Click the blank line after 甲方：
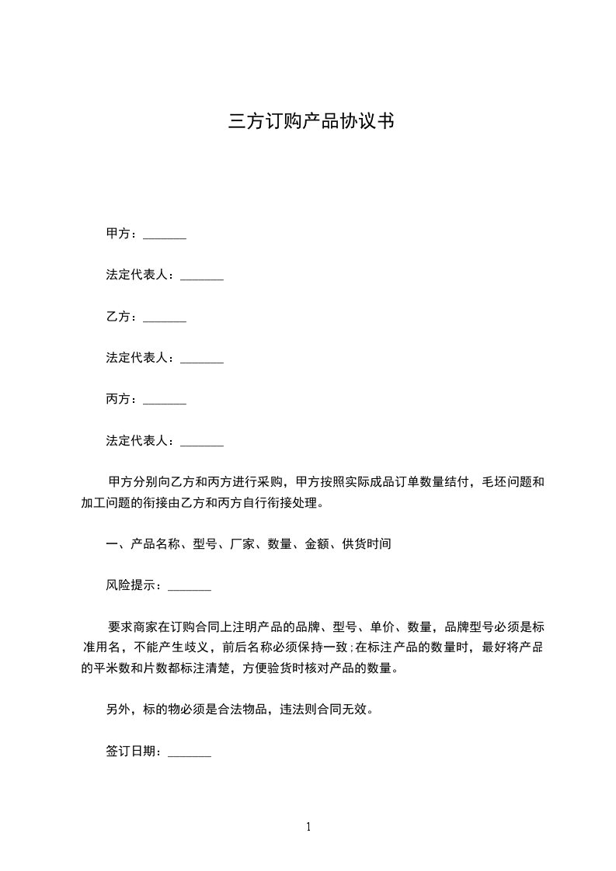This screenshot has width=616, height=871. pos(165,234)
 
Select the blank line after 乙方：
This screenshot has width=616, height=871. pos(165,318)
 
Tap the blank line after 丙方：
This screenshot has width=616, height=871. pos(165,401)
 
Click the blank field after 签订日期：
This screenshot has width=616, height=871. pos(190,752)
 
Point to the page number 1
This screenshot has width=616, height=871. pos(308,828)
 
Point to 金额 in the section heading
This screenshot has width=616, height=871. pos(317,545)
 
